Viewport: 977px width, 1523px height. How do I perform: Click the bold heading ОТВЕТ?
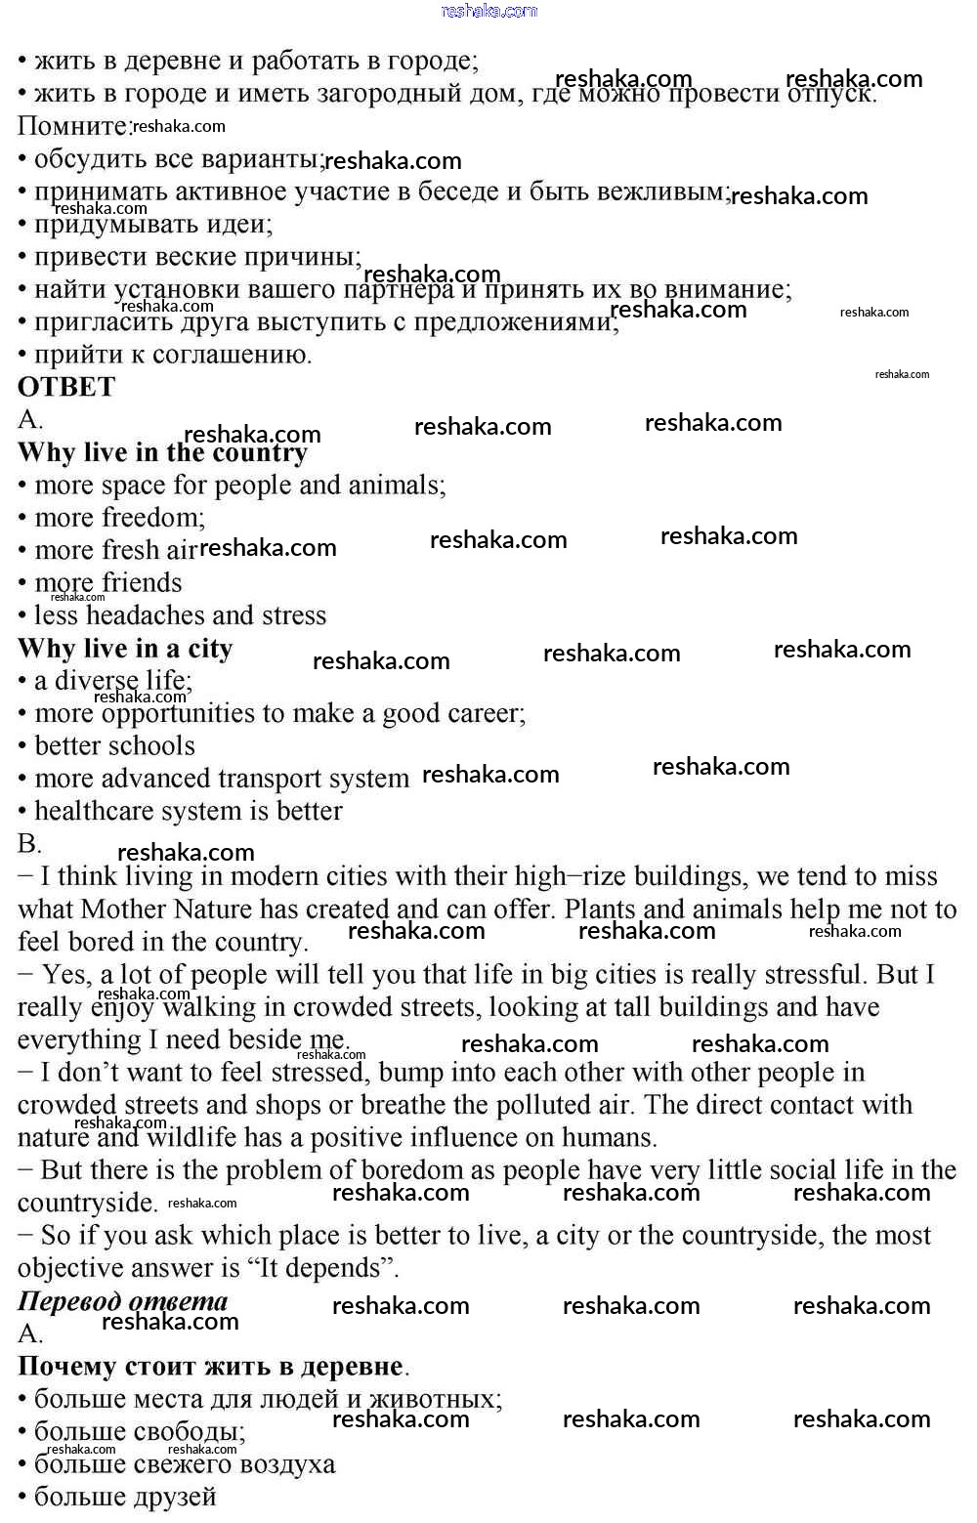(x=66, y=387)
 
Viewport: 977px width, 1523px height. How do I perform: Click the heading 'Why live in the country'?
(x=162, y=452)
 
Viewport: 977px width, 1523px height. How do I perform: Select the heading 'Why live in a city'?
(x=125, y=649)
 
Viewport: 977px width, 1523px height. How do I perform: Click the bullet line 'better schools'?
(x=114, y=746)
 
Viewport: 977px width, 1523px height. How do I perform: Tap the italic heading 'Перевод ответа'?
(x=123, y=1301)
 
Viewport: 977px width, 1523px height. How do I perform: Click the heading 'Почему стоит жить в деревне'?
(x=211, y=1367)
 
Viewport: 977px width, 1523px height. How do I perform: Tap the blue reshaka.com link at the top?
(x=488, y=11)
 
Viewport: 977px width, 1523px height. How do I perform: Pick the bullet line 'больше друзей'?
(x=125, y=1497)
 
